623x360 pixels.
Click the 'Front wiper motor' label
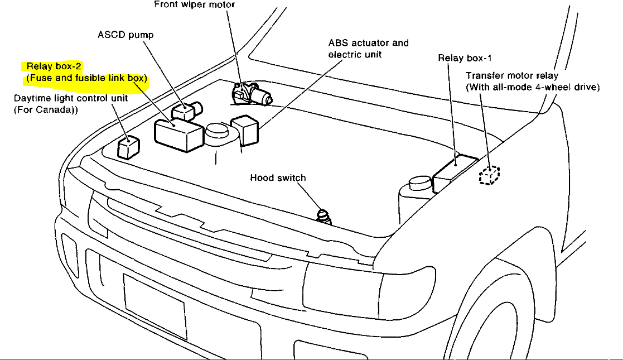point(194,5)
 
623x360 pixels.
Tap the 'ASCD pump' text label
point(125,35)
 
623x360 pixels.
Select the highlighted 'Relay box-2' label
point(55,67)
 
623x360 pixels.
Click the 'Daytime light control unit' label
point(71,98)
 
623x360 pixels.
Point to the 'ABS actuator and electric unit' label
point(368,49)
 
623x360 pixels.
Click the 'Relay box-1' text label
point(465,57)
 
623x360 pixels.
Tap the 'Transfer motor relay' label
point(512,75)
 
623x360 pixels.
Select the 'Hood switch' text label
point(278,178)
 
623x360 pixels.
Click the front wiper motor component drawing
point(254,94)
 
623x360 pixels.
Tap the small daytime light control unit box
point(128,147)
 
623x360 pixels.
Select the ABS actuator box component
point(244,130)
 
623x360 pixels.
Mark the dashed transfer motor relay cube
point(489,176)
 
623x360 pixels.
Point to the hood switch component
point(324,217)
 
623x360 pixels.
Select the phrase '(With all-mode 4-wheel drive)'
point(533,87)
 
